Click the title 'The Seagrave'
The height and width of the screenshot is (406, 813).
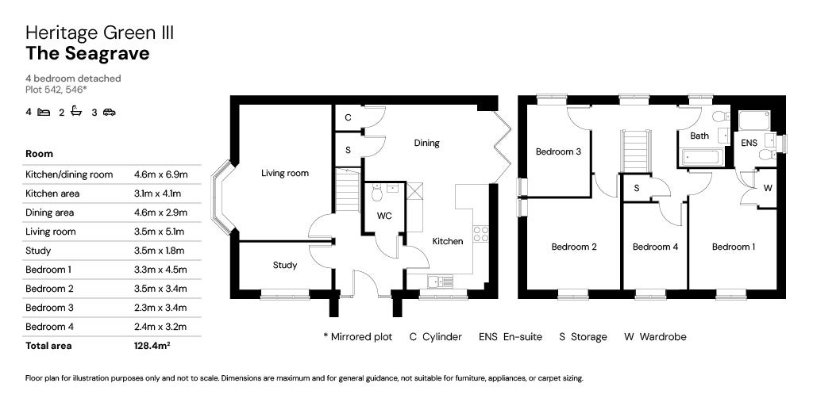pos(87,53)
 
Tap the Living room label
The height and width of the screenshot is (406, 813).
pos(285,173)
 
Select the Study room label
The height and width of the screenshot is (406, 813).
pos(285,265)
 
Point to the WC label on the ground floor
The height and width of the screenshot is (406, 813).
pos(384,216)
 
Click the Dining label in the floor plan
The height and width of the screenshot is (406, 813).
pos(426,144)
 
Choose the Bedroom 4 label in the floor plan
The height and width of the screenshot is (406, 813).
pos(655,247)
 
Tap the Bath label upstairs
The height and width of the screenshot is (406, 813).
pos(699,136)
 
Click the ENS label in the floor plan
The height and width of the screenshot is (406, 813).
pos(749,144)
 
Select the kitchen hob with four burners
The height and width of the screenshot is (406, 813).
pos(480,233)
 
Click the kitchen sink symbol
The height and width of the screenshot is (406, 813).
pos(440,282)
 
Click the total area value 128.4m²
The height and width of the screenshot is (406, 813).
pos(152,346)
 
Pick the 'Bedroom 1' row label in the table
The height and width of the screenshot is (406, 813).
pos(48,270)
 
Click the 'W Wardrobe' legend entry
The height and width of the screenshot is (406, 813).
pos(655,337)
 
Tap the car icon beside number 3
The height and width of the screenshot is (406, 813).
pos(109,113)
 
